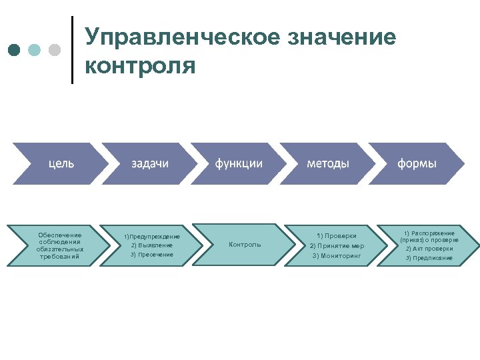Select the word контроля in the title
click(140, 67)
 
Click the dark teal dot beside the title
click(15, 50)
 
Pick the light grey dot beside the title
click(55, 50)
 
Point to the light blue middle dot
click(35, 50)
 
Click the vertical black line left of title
click(72, 50)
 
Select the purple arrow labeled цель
click(60, 163)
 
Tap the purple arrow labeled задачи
click(149, 163)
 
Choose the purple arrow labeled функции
click(238, 163)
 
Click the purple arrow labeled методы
click(327, 163)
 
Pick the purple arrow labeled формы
click(417, 163)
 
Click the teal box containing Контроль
click(245, 245)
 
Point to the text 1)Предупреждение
click(152, 237)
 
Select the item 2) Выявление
click(151, 245)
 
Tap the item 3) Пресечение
click(151, 255)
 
